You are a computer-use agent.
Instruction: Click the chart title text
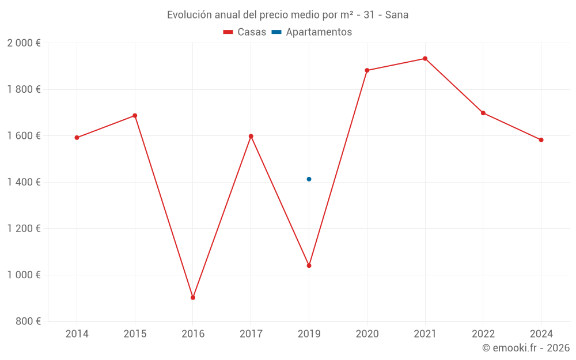(x=287, y=15)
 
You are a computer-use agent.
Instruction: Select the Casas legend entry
(x=245, y=32)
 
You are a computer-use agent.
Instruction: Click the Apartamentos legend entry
(x=312, y=32)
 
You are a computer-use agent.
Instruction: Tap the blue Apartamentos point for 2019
(x=309, y=179)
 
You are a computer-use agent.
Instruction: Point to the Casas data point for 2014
(x=77, y=138)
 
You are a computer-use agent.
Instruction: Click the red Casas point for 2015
(x=135, y=116)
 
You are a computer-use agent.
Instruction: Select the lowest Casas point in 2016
(x=193, y=298)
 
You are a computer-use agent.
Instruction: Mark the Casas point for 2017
(x=251, y=137)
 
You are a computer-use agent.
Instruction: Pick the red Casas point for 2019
(x=309, y=266)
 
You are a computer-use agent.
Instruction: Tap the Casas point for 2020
(x=367, y=70)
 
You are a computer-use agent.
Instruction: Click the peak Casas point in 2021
(x=425, y=59)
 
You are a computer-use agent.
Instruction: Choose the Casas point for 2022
(x=483, y=113)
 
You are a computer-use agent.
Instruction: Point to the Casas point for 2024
(x=541, y=140)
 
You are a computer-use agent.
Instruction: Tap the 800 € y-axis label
(x=28, y=321)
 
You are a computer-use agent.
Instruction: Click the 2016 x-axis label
(x=193, y=334)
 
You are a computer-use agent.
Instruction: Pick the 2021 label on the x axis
(x=425, y=334)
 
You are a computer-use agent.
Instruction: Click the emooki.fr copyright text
(x=526, y=348)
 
